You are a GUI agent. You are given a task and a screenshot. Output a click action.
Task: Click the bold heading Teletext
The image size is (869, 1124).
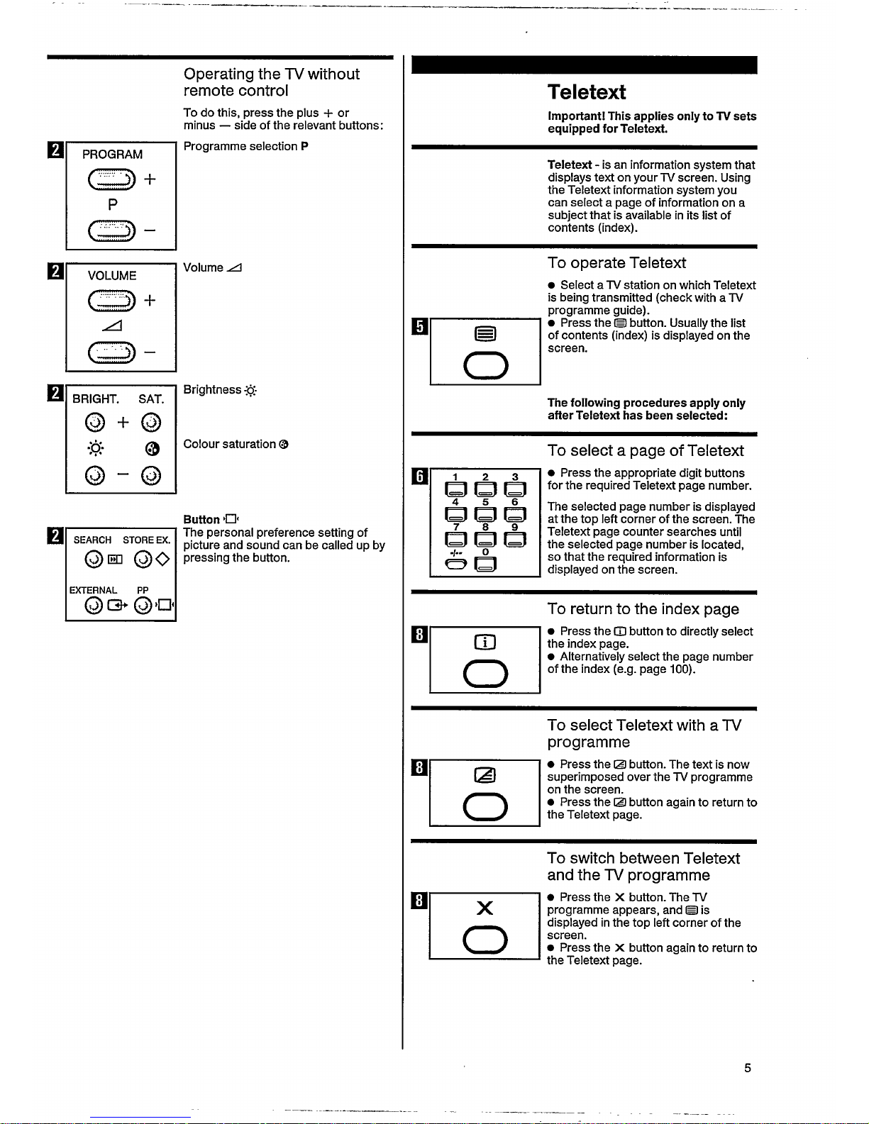click(587, 92)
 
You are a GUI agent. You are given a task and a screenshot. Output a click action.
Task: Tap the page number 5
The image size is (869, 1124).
click(747, 1068)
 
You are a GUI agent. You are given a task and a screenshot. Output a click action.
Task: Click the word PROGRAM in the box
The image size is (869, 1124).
click(112, 155)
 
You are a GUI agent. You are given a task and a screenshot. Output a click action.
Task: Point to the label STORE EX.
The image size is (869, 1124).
click(146, 540)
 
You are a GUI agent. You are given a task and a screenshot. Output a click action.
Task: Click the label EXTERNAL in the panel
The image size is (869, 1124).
click(93, 590)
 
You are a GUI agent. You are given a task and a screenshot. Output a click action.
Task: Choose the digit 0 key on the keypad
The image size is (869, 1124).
click(485, 564)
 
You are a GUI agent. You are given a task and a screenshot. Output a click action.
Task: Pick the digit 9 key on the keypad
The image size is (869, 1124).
click(515, 539)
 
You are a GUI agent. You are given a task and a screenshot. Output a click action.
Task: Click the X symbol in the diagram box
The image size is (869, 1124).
click(485, 908)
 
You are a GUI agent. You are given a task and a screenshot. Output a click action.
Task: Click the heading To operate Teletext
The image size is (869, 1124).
click(616, 263)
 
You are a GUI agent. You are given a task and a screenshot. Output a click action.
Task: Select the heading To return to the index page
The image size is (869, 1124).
click(643, 609)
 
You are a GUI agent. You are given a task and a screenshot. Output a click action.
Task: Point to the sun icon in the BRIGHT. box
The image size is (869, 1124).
click(96, 448)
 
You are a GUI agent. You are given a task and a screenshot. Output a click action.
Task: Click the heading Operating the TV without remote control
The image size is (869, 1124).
click(271, 82)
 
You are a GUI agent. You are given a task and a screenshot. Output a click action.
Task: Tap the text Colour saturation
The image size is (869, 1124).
click(230, 444)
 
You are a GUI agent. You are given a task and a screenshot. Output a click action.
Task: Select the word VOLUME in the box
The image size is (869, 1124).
click(112, 276)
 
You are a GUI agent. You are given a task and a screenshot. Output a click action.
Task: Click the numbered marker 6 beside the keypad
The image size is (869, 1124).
click(419, 476)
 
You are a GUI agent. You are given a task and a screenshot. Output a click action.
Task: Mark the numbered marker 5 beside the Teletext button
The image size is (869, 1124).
click(419, 326)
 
